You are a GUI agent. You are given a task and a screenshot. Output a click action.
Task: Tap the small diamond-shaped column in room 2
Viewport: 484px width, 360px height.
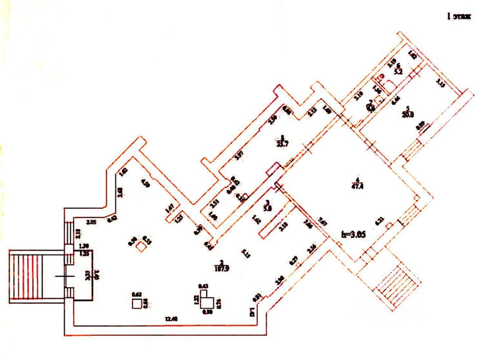pos(141,247)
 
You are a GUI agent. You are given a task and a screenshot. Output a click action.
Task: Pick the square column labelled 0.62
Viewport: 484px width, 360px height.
pos(137,304)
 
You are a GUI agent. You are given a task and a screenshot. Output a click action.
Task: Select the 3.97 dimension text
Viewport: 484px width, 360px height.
pos(239,156)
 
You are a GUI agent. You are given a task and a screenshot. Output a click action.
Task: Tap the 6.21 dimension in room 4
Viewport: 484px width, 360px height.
pos(379,222)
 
